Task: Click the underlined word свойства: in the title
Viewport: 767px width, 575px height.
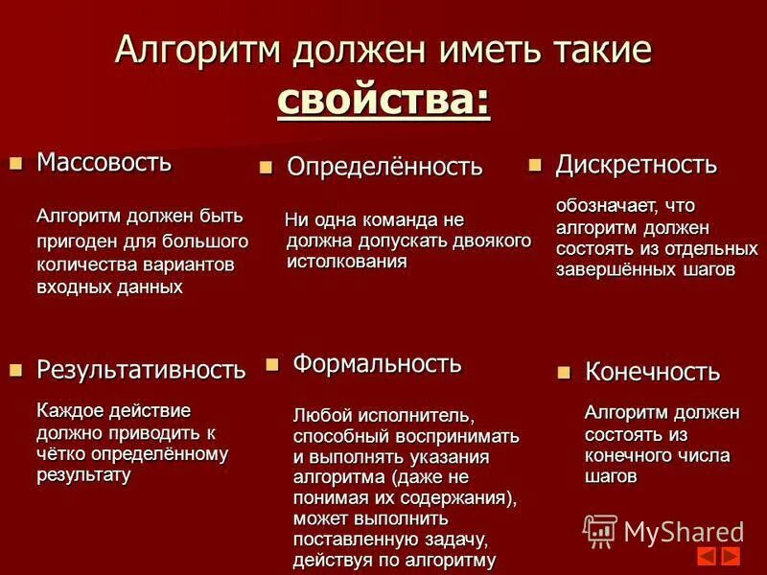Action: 383,101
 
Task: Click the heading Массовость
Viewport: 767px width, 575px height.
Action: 105,162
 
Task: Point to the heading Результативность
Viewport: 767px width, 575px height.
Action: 141,369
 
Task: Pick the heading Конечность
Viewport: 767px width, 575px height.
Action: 652,372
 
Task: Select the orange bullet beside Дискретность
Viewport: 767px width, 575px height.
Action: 535,166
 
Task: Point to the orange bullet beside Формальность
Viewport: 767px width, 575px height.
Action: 271,364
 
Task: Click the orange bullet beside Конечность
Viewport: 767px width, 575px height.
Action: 564,372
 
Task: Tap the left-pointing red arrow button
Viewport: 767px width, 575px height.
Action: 706,556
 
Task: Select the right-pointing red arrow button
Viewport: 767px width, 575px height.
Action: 731,556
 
